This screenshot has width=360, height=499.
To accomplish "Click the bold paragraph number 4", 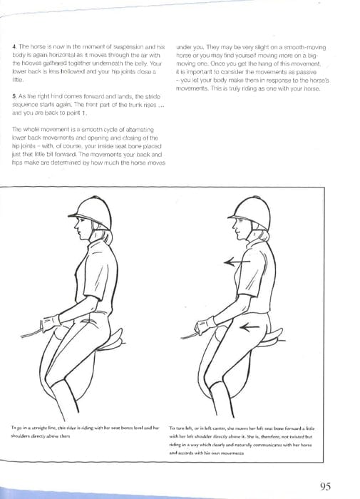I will coord(14,46).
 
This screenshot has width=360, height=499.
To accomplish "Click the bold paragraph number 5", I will coord(14,95).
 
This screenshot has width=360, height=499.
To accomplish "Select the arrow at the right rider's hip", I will coord(250,327).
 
